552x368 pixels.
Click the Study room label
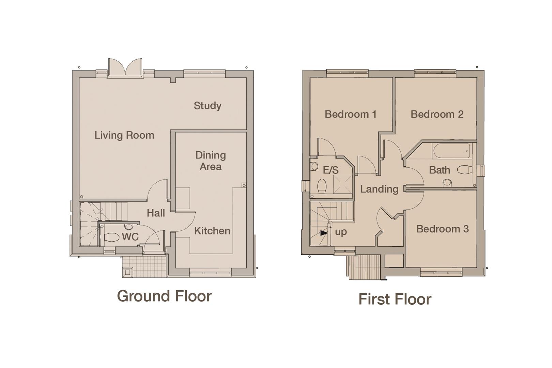208,106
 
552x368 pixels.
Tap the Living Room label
124,135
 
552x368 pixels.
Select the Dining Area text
210,161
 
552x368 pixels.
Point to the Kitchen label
212,231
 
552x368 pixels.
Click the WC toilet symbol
111,237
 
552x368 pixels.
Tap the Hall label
156,213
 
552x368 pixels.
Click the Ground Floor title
164,296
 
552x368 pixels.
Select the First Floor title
395,299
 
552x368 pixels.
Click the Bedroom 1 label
350,114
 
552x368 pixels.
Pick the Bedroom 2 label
437,114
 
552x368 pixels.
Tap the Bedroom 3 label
442,229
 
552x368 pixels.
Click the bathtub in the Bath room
451,151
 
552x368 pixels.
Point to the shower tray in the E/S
342,184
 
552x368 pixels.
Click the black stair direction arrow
324,233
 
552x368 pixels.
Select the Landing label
379,189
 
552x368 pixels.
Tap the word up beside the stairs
341,232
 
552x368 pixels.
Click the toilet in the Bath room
464,169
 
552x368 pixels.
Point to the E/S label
330,170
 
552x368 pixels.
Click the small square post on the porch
128,272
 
